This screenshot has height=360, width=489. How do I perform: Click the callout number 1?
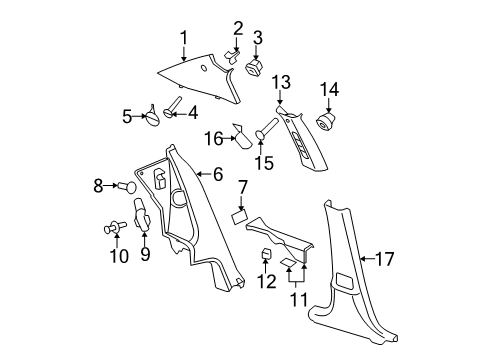point(183,38)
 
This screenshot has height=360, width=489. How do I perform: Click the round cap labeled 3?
point(253,66)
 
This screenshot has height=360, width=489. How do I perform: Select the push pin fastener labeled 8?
point(127,186)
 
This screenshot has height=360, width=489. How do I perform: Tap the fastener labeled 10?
point(115,228)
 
